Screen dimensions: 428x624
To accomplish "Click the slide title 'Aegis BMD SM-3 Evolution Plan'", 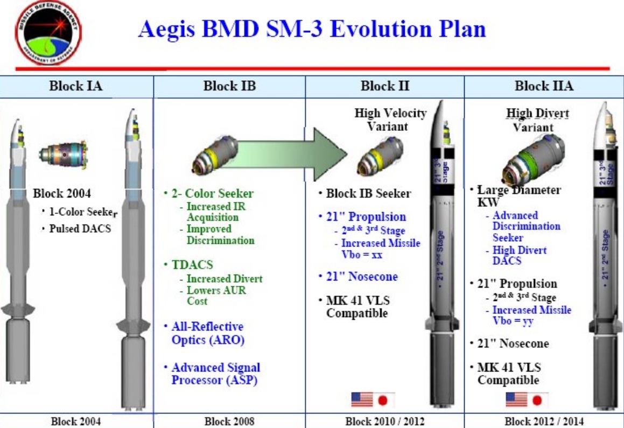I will point(312,30).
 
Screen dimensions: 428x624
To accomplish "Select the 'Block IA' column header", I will point(76,86).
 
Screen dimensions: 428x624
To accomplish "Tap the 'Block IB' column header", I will point(229,86).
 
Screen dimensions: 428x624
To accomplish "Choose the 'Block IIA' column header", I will point(544,86).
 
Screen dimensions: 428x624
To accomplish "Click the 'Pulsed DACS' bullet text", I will point(81,228).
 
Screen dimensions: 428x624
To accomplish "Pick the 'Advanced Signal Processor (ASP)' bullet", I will point(215,374).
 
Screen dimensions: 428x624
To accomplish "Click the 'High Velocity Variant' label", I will point(390,120).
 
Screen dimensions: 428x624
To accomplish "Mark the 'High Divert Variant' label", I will point(532,120).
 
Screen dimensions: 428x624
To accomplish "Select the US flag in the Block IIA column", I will point(516,399).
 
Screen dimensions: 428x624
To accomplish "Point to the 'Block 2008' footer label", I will point(229,421).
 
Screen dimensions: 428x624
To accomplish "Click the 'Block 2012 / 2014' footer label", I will point(544,421).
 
